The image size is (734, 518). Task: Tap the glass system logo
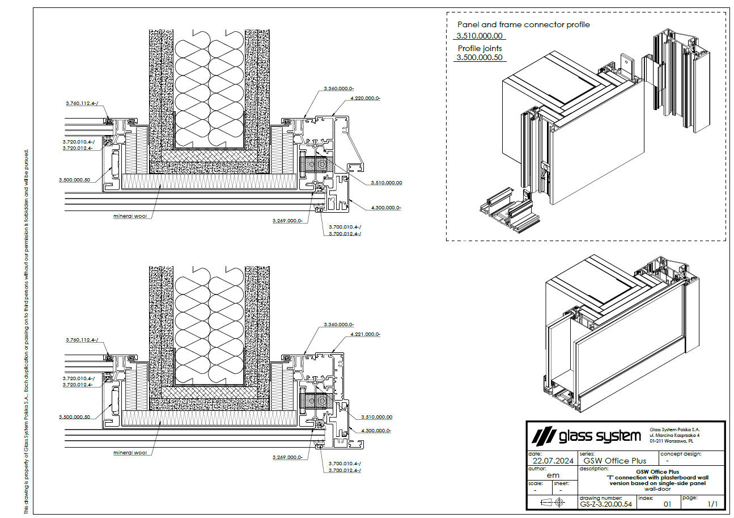point(586,436)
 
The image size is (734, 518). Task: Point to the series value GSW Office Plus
point(614,461)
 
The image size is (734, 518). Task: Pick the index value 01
point(667,504)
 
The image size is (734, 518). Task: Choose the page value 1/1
point(712,504)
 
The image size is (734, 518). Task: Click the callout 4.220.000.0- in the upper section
point(366,98)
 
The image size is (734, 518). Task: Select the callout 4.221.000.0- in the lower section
point(366,334)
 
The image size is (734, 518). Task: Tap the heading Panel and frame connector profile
point(523,25)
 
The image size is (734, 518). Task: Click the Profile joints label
point(480,48)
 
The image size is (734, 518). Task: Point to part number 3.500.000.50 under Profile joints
point(480,58)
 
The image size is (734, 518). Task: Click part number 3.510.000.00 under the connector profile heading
point(480,36)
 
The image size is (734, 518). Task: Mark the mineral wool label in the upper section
point(130,216)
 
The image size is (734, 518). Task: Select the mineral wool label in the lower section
point(130,453)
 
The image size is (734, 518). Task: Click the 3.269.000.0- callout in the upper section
point(287,221)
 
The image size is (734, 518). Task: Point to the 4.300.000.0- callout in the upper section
point(386,208)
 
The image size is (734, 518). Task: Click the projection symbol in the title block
point(553,502)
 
